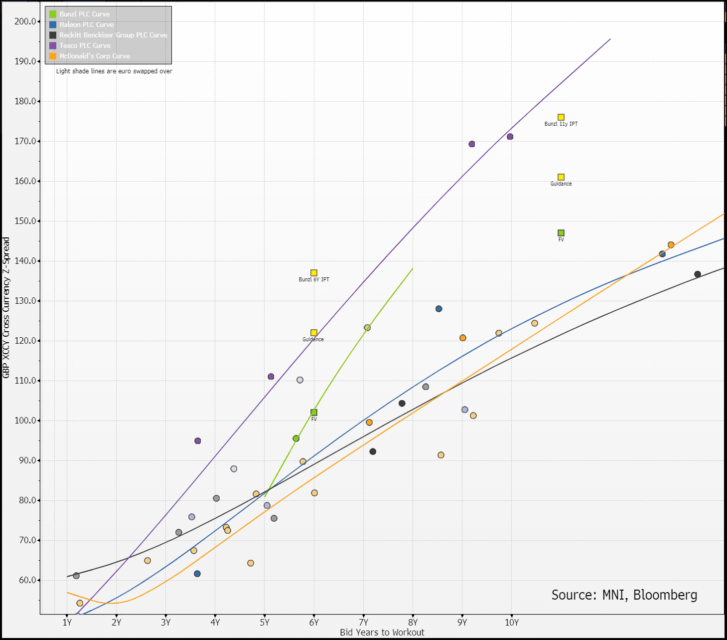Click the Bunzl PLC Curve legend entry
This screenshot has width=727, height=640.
point(84,14)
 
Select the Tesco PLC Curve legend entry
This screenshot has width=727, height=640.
point(85,45)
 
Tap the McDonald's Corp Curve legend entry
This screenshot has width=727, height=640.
point(94,56)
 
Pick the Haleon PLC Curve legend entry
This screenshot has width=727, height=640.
point(86,24)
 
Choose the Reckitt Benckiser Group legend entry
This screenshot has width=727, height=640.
point(113,35)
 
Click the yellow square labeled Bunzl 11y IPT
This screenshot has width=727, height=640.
point(561,117)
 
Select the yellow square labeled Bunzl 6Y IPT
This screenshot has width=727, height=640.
point(314,273)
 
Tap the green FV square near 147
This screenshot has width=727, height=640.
point(561,233)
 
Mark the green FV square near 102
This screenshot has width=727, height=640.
point(314,413)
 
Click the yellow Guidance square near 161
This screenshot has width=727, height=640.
point(561,177)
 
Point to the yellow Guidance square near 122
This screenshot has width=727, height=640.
point(314,333)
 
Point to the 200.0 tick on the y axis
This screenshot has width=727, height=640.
point(25,21)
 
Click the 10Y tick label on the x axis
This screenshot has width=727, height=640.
point(512,623)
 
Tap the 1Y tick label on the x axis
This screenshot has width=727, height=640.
point(67,623)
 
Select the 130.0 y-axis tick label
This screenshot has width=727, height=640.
point(25,301)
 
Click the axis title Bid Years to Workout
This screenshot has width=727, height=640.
point(382,633)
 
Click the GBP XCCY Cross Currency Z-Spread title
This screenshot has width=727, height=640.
point(6,308)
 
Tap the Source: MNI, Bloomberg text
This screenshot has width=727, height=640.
point(624,595)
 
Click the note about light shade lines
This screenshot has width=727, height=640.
point(114,71)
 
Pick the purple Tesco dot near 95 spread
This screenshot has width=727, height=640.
point(198,441)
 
